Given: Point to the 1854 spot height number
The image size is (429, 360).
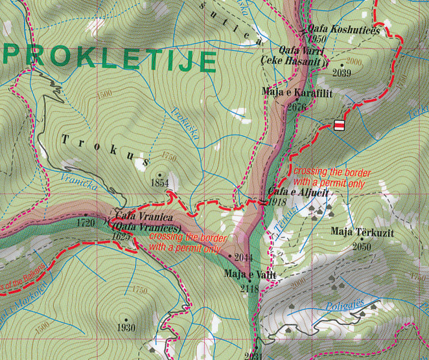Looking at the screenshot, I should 159,184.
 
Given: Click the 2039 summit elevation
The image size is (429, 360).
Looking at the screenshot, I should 341,73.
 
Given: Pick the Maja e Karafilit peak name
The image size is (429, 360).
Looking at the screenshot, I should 297,93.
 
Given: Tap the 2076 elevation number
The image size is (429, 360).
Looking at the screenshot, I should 296,106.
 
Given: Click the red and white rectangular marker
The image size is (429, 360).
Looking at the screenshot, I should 338,126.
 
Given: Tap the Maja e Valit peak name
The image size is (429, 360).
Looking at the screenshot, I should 250,275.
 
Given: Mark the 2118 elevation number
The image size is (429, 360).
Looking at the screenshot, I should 249,288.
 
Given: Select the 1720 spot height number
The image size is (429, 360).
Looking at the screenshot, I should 86,223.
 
